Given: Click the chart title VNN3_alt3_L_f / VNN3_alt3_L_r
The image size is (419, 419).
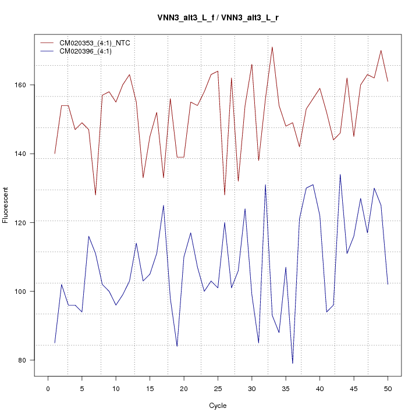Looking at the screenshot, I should tap(218, 17).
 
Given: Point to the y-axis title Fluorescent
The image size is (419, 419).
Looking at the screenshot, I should tap(6, 204).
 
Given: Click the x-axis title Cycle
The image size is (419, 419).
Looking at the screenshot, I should tap(218, 406).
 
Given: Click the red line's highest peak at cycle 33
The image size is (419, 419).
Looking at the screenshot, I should tap(272, 47).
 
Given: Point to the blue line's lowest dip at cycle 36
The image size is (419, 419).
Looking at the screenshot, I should tap(293, 363).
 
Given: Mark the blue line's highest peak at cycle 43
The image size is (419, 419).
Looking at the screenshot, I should tap(340, 175).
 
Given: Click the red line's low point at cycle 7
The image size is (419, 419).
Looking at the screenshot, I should tap(95, 194).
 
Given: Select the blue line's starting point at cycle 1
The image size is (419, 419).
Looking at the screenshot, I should tap(55, 343).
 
